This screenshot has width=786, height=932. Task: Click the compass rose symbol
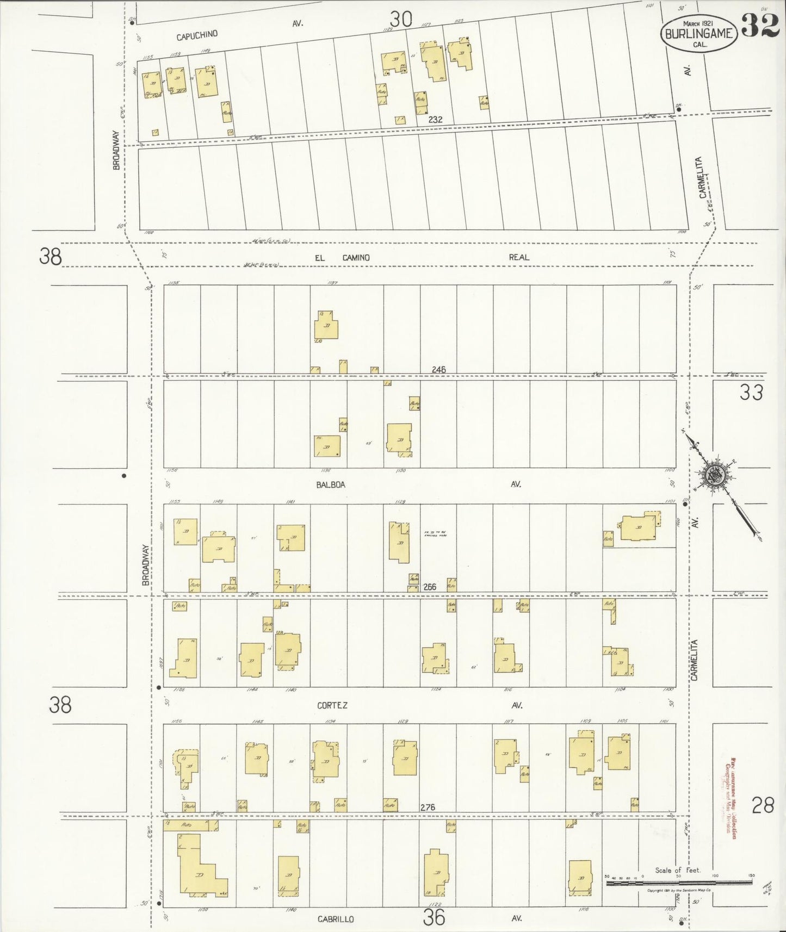tap(714, 475)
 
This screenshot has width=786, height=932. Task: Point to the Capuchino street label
tap(197, 35)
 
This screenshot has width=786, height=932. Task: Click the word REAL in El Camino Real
tap(518, 257)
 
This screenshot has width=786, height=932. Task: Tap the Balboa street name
tap(330, 484)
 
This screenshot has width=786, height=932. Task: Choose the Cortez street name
tap(332, 705)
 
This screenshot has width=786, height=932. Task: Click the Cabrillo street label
tap(336, 919)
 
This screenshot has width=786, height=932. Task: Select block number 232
tap(435, 120)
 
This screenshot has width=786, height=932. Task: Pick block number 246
tap(438, 370)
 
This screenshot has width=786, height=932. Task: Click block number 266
tap(430, 587)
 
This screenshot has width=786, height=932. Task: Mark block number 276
tap(428, 807)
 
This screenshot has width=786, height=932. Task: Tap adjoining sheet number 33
tap(751, 392)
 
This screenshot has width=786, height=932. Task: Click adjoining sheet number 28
tap(763, 805)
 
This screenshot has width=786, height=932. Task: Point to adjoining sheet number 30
tap(400, 20)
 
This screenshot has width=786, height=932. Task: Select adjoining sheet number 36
tap(434, 918)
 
